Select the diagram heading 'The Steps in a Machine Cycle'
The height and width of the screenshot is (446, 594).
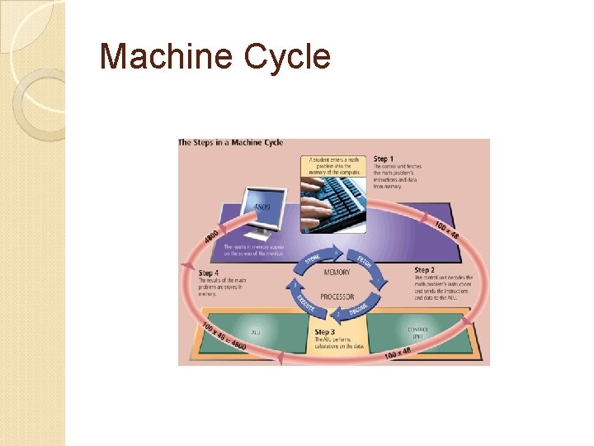(231, 143)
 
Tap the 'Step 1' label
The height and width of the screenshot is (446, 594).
(384, 159)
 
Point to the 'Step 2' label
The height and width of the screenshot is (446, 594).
(425, 270)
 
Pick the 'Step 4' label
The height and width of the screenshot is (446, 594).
(209, 273)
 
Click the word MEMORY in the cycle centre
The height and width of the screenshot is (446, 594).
(336, 273)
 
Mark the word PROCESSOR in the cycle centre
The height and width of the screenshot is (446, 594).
(337, 297)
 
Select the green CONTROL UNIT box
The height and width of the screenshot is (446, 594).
(417, 333)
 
